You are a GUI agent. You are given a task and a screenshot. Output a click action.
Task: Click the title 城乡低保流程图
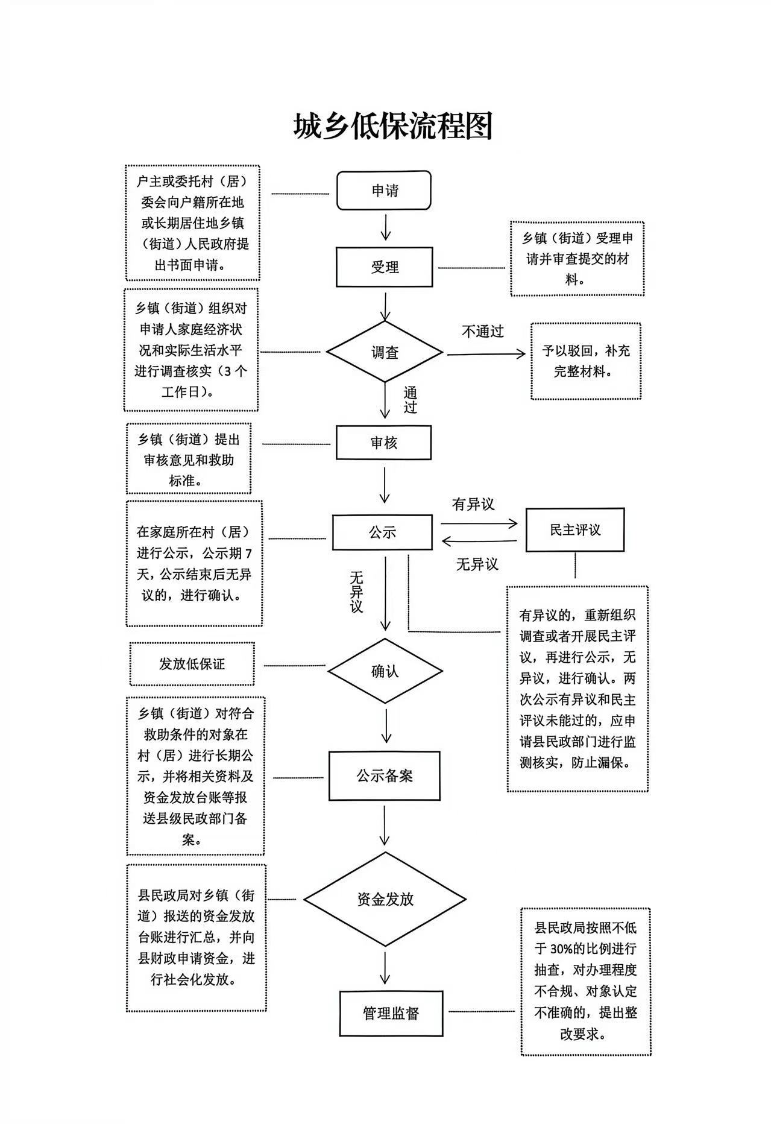(x=393, y=126)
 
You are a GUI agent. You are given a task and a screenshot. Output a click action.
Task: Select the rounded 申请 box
(x=384, y=191)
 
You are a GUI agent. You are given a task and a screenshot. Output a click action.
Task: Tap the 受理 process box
(x=384, y=267)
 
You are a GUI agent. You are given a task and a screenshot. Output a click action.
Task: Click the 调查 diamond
(x=385, y=352)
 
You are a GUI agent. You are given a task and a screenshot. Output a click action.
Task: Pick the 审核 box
(x=383, y=443)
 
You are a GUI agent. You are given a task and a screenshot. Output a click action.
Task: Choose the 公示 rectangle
(x=382, y=532)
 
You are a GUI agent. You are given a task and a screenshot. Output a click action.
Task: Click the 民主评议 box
(x=574, y=529)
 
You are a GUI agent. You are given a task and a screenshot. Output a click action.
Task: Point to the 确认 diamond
(x=385, y=671)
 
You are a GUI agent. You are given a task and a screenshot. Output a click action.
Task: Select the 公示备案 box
(x=384, y=775)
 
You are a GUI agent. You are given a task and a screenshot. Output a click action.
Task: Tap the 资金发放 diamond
(x=385, y=899)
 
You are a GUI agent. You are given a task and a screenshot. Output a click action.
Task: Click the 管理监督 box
(x=391, y=1013)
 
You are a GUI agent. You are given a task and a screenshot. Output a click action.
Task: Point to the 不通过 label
(x=482, y=331)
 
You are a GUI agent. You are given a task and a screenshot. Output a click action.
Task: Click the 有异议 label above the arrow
(x=473, y=504)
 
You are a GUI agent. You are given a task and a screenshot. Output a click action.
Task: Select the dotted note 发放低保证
(x=192, y=663)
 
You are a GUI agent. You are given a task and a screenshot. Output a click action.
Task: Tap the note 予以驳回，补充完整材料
(x=585, y=361)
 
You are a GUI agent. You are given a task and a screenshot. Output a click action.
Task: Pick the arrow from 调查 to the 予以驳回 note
(x=485, y=354)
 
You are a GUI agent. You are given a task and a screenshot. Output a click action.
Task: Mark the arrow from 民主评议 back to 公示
(x=479, y=541)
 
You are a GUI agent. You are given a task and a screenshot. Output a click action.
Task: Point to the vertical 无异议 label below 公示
(x=356, y=592)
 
